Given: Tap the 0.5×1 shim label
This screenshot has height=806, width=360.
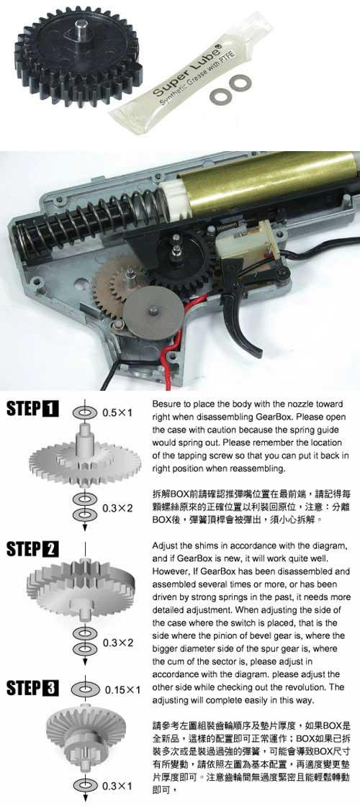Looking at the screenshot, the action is click(118, 413).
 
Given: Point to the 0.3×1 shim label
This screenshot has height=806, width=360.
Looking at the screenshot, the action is click(118, 786).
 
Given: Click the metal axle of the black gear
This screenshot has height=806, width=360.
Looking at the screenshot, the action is click(80, 30).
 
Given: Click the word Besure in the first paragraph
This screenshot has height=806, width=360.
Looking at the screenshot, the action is click(166, 405).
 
